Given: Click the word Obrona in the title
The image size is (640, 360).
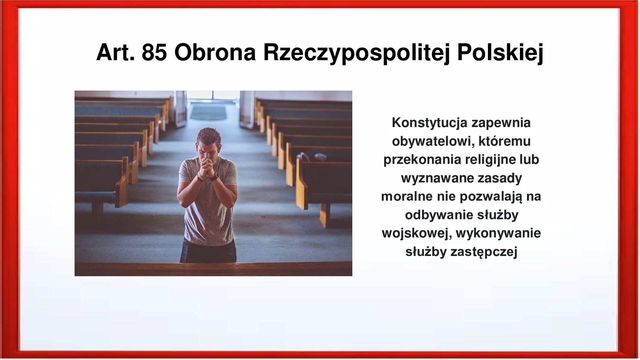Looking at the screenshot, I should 215,52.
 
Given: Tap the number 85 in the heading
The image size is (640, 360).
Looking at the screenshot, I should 154,52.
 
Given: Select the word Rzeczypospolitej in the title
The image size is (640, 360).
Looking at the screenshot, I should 356,52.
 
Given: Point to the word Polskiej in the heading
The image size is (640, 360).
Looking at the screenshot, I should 500,52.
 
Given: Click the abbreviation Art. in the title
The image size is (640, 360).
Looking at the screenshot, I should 115,52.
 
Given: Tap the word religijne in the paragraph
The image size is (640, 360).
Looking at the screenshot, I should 490,159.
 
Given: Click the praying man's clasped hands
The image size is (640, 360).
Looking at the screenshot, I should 207,166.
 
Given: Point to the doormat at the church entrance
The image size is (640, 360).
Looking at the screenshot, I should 208,113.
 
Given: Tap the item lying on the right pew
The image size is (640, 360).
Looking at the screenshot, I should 312,156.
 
